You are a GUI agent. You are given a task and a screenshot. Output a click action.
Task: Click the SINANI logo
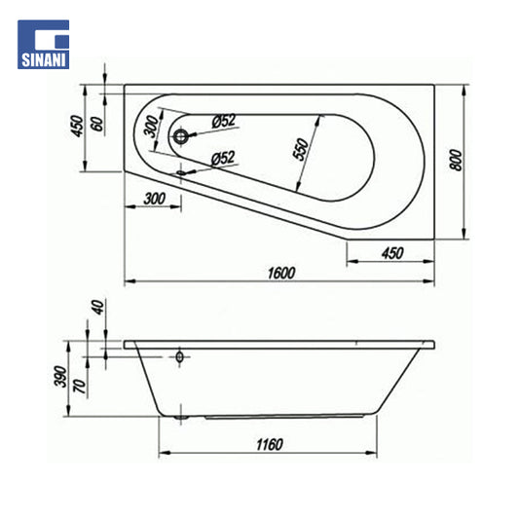[x=44, y=45]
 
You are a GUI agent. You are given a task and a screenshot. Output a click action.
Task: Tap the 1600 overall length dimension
[x=281, y=274]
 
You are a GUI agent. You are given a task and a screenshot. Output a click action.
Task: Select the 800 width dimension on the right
[x=456, y=161]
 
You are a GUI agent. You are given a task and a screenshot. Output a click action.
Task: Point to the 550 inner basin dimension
[x=301, y=150]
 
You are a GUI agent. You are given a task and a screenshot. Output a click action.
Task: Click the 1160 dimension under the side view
[x=270, y=445]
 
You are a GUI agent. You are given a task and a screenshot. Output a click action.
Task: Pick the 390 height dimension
[x=60, y=376]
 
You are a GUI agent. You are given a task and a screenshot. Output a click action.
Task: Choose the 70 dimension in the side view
[x=80, y=387]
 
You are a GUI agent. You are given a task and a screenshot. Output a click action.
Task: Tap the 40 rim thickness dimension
[x=98, y=307]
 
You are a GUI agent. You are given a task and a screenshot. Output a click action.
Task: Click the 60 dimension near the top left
[x=97, y=124]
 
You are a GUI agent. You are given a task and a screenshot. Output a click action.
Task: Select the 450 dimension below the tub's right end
[x=392, y=253]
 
